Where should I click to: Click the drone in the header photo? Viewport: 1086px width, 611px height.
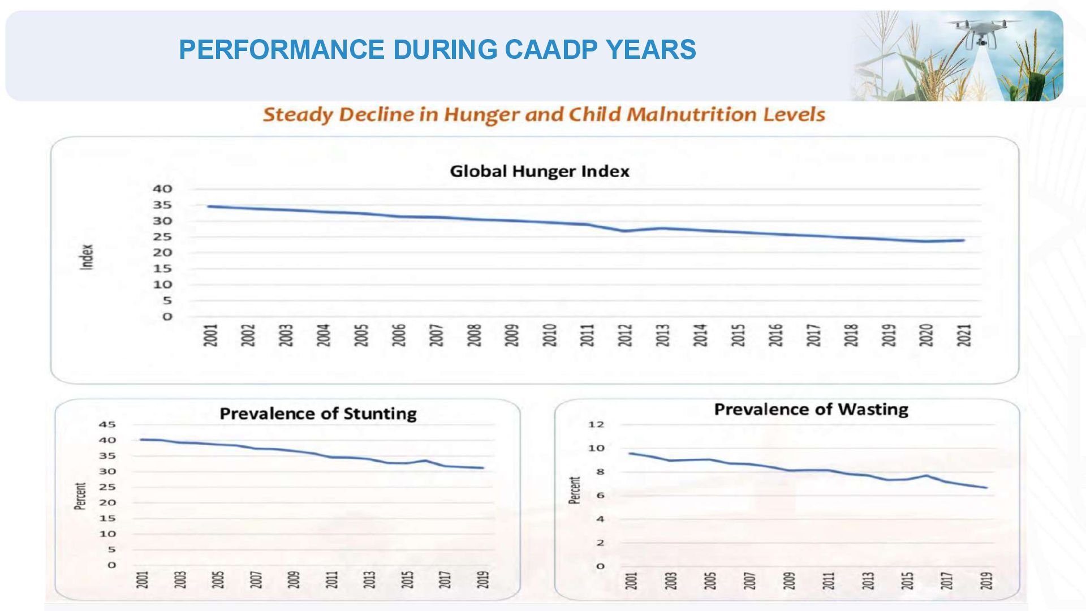tap(982, 31)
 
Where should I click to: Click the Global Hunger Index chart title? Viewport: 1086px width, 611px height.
tap(539, 171)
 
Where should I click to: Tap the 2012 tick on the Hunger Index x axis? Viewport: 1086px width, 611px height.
tap(625, 335)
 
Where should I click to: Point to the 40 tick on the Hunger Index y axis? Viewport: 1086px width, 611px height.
tap(162, 189)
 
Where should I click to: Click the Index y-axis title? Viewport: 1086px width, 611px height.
tap(87, 257)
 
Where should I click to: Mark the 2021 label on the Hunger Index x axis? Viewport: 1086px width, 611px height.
tap(964, 335)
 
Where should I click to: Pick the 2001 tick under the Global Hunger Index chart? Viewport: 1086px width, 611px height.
tap(210, 335)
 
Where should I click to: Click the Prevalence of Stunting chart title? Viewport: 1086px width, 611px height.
tap(318, 414)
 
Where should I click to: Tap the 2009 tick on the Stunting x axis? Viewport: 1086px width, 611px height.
tap(294, 579)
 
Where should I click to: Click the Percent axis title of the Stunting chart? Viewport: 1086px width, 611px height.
tap(80, 496)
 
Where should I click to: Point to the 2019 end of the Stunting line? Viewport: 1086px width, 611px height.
tap(482, 468)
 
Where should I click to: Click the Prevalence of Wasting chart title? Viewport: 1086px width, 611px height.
tap(811, 410)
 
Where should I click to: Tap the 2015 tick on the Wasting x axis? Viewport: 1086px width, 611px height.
tap(907, 580)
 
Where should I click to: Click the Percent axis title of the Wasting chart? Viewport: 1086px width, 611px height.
tap(575, 490)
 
